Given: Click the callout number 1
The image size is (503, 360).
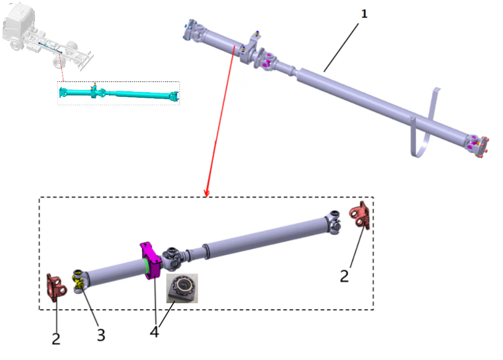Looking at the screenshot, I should pyautogui.click(x=365, y=14).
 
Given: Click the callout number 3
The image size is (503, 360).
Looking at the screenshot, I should pyautogui.click(x=101, y=334).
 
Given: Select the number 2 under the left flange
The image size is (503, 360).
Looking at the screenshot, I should pyautogui.click(x=56, y=339).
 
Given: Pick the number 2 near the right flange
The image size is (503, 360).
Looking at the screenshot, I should pyautogui.click(x=344, y=276).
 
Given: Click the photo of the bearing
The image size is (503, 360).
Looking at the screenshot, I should pyautogui.click(x=182, y=288).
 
